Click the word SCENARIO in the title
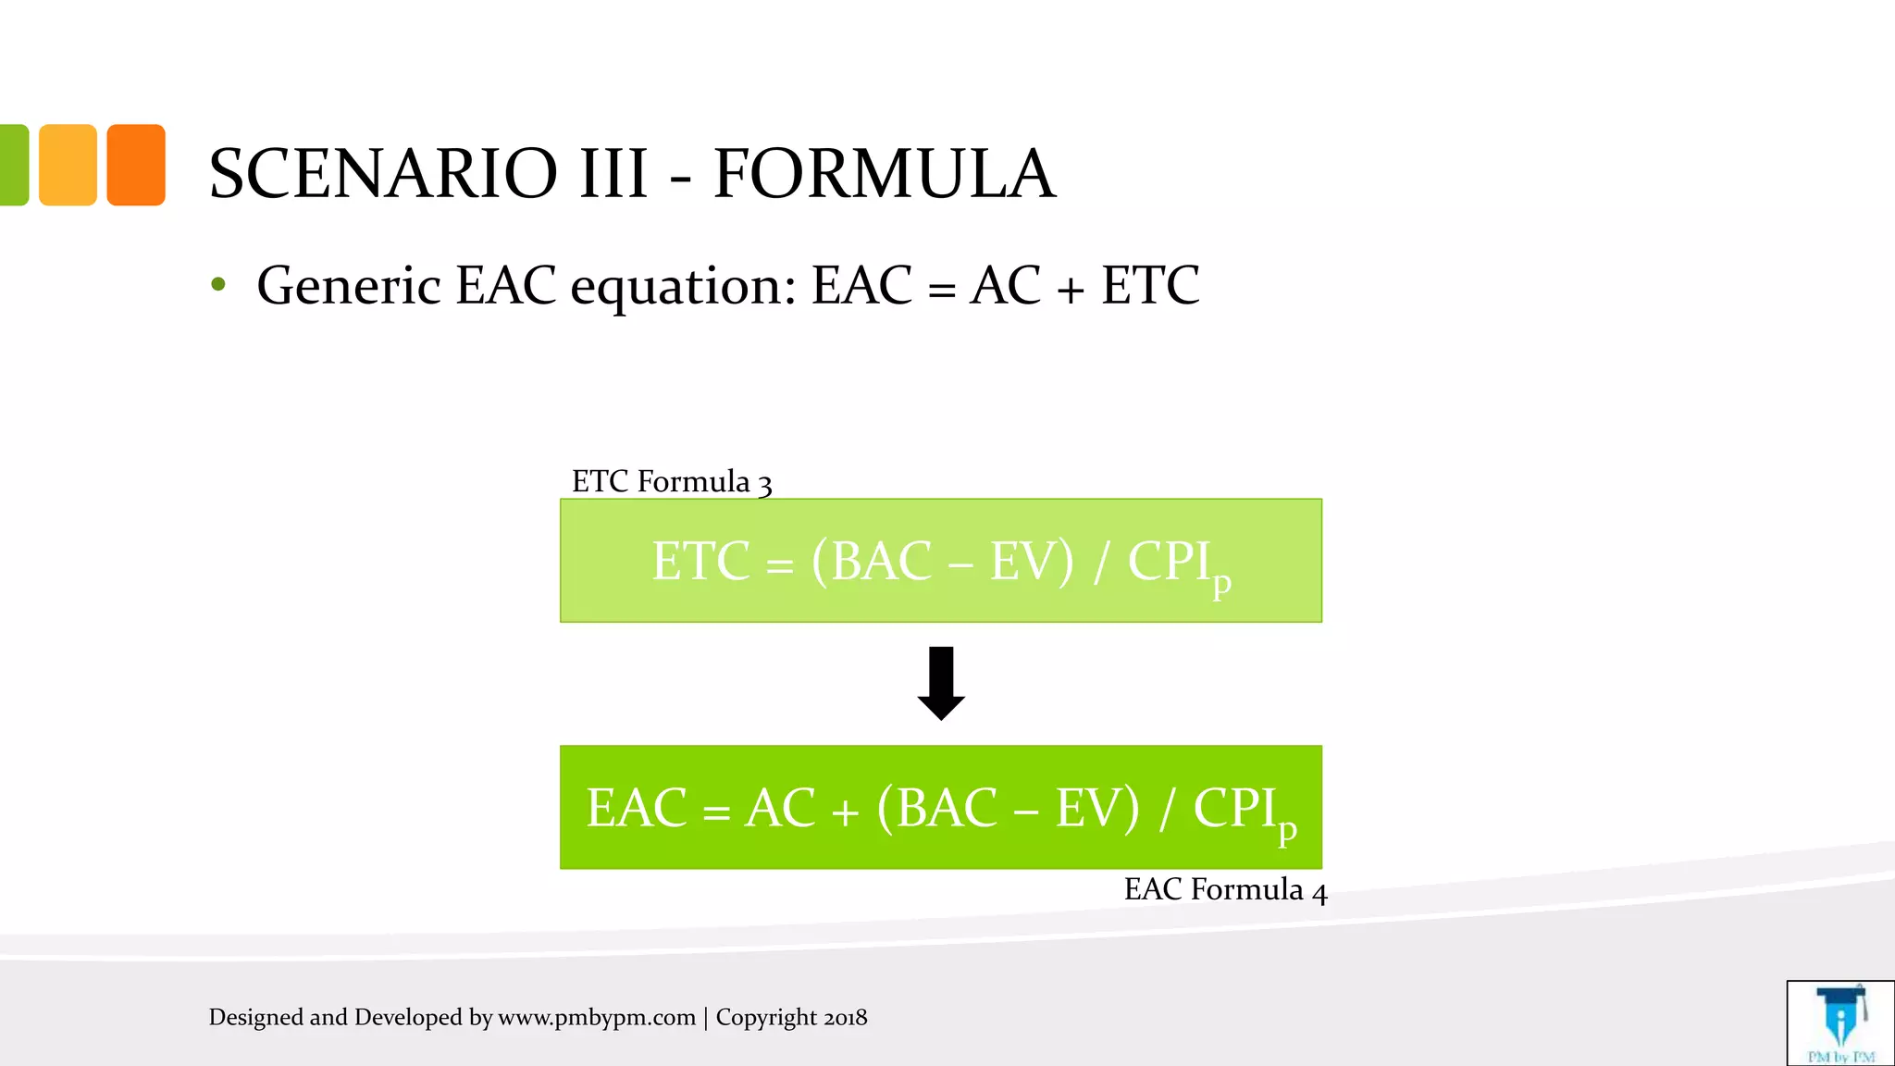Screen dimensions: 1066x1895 tap(383, 174)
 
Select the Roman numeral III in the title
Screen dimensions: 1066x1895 tap(613, 174)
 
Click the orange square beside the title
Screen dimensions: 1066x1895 tap(136, 165)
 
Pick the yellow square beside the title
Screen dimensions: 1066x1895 tap(68, 165)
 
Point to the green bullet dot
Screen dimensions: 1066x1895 tap(218, 285)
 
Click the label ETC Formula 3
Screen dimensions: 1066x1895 tap(671, 482)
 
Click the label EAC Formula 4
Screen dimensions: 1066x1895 tap(1225, 889)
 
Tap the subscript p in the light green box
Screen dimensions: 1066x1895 tap(1221, 584)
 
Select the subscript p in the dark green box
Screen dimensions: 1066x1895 tap(1286, 830)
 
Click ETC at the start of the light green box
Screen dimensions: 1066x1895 tap(700, 562)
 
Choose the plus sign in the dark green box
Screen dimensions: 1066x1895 tap(844, 812)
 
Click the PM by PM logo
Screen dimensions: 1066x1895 tap(1840, 1023)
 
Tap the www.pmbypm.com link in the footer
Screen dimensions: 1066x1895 tap(597, 1018)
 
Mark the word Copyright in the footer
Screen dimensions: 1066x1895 tap(766, 1018)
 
